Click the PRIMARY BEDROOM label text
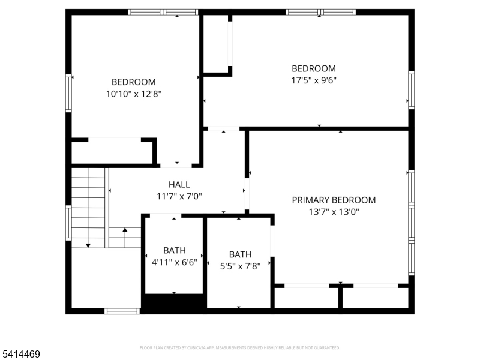click(334, 200)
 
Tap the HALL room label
click(179, 185)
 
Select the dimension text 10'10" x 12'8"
click(134, 94)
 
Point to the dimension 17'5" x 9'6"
click(314, 80)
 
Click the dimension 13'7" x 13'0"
click(334, 211)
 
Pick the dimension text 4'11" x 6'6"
click(175, 262)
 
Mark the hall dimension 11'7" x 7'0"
click(179, 196)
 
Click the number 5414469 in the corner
click(21, 355)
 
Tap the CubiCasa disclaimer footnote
click(240, 347)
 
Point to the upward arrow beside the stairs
click(125, 230)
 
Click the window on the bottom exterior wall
click(122, 311)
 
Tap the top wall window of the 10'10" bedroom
click(163, 12)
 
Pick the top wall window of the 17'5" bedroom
click(320, 12)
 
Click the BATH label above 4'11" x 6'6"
click(175, 250)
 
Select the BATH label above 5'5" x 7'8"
click(240, 254)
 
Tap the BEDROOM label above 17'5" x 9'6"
click(314, 68)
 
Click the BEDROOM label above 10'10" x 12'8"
click(134, 82)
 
